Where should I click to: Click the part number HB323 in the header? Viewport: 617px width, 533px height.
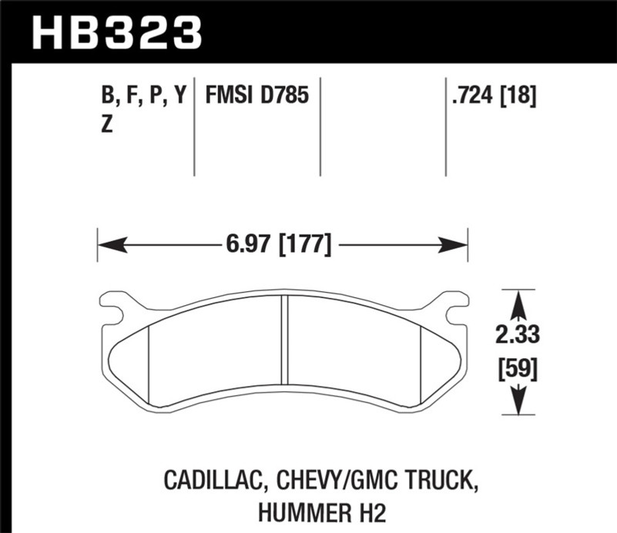(x=117, y=32)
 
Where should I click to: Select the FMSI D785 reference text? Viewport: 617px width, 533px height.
(x=257, y=96)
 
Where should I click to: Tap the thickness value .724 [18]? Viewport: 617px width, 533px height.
(x=494, y=96)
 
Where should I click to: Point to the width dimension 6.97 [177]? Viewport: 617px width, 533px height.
(x=279, y=245)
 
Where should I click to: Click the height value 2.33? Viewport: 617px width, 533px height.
(x=518, y=335)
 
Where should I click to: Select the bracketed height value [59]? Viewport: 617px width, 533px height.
(x=518, y=369)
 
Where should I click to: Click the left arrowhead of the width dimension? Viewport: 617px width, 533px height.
(x=112, y=245)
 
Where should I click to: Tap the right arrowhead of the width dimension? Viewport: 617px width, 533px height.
(x=452, y=245)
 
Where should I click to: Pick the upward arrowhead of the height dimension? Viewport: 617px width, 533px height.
(x=519, y=305)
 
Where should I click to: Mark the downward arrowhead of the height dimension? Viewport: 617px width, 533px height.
(x=519, y=400)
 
